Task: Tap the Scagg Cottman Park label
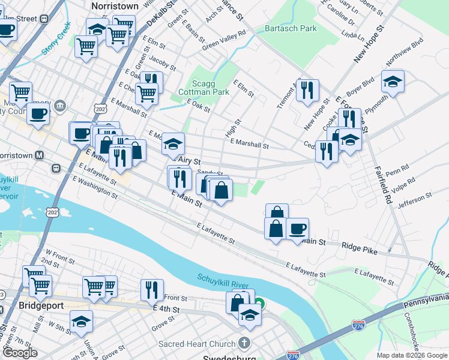tap(203, 88)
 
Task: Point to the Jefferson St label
tap(414, 200)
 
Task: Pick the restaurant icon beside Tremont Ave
tap(307, 91)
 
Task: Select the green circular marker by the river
tap(259, 304)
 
